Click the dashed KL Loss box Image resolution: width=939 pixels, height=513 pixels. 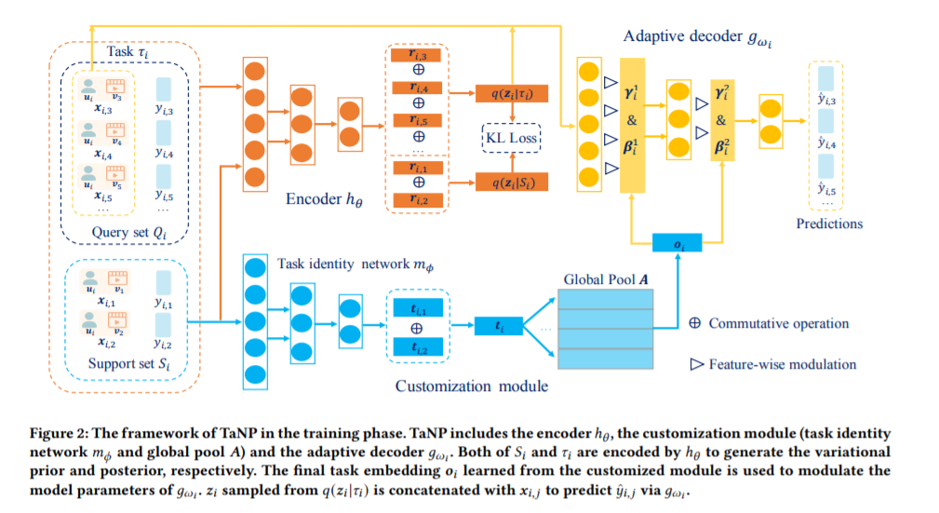512,138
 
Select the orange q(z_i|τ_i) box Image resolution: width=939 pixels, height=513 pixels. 512,93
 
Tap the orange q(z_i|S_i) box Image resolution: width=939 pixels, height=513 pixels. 512,182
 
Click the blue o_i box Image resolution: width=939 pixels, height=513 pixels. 677,243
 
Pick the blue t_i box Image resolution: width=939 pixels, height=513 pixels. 498,326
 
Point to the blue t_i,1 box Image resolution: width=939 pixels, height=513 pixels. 418,308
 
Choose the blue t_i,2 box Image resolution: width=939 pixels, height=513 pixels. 418,346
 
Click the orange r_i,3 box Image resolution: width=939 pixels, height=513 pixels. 416,55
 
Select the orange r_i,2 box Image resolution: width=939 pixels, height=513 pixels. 418,200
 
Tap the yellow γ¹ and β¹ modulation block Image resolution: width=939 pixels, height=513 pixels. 632,126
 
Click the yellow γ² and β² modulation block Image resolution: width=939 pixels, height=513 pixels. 722,120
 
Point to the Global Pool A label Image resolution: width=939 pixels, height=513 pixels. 606,279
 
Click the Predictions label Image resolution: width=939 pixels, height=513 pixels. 829,223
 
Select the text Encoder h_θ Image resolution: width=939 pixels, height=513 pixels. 324,199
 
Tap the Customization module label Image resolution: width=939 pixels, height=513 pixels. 471,386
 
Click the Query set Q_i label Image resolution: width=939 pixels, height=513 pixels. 128,233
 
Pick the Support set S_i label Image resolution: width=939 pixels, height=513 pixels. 128,364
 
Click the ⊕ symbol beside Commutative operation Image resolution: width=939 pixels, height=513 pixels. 694,323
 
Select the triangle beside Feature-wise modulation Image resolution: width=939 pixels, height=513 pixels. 696,364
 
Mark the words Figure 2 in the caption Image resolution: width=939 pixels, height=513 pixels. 57,433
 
